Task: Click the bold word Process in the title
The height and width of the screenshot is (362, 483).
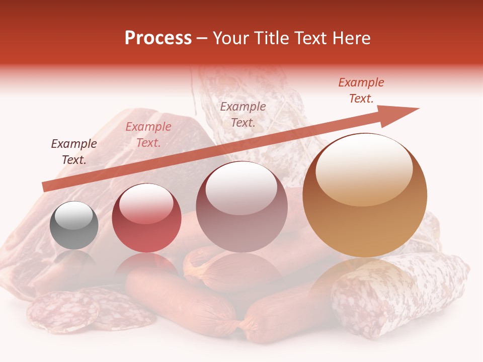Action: point(158,38)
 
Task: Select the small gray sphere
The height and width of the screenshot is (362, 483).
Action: point(74,225)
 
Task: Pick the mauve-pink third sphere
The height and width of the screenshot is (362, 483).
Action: point(242,207)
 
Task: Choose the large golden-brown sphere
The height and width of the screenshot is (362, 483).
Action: point(365,196)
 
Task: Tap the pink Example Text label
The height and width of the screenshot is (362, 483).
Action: point(148,135)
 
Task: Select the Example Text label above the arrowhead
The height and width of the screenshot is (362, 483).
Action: point(361,90)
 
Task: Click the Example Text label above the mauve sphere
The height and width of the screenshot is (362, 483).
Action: point(243,114)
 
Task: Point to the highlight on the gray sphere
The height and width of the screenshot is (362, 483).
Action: point(73,215)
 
